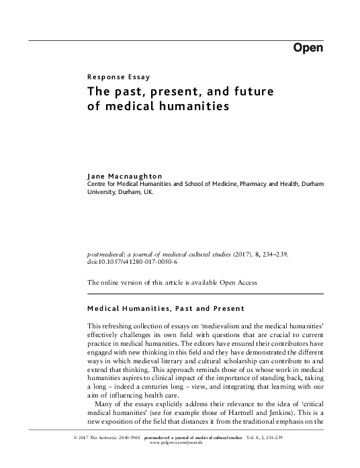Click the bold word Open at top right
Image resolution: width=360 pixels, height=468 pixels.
308,48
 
